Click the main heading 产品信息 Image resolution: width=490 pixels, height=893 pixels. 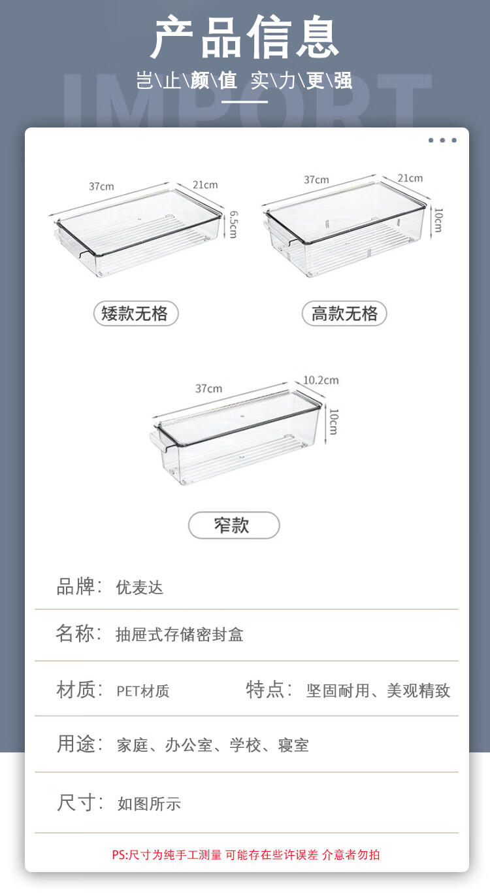(244, 37)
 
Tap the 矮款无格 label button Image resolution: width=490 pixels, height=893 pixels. (136, 313)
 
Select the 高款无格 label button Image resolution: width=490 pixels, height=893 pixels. (344, 313)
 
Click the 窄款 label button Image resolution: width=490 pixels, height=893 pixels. (234, 525)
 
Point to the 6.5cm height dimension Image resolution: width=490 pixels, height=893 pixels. (233, 224)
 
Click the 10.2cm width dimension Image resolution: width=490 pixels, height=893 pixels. (321, 380)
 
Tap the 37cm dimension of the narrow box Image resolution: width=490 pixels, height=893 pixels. (209, 388)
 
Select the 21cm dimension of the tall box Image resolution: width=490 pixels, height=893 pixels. (410, 178)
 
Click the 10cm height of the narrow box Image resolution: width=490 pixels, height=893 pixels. (334, 422)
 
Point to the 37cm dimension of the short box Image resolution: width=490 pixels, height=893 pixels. (101, 186)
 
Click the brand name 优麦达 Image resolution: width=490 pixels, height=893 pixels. (139, 588)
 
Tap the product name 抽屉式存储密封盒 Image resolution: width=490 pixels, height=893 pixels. (179, 634)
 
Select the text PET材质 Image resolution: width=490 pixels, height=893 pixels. (143, 691)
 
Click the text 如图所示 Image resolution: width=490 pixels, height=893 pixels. (149, 803)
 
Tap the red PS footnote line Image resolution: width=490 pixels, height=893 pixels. (246, 854)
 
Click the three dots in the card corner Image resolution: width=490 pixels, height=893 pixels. (442, 140)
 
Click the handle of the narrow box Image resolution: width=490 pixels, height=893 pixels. (157, 441)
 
